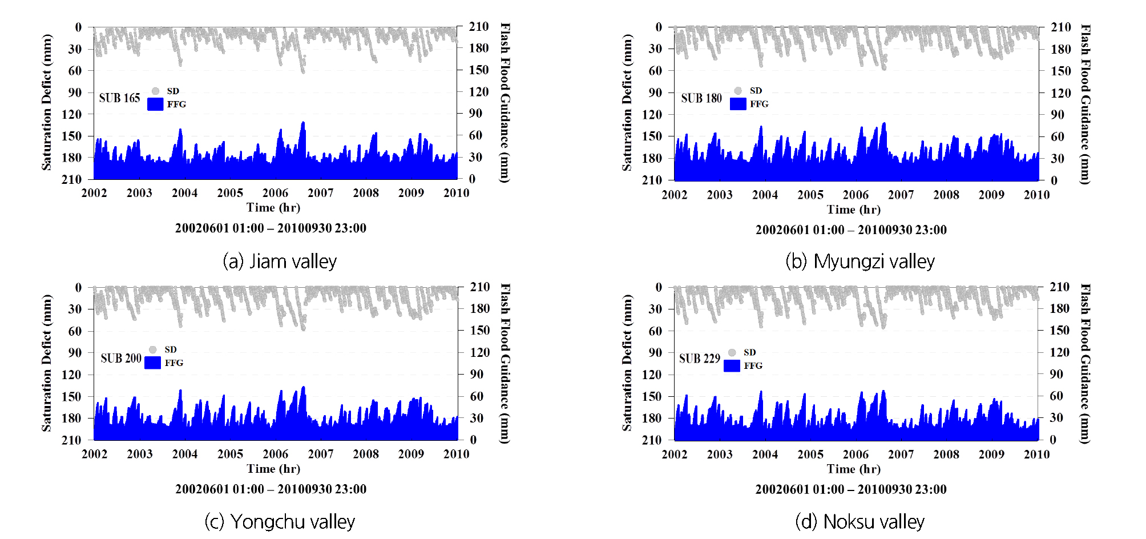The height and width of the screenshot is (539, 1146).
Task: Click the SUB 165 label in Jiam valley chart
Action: tap(119, 98)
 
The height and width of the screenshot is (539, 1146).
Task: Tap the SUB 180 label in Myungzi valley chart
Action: tap(701, 98)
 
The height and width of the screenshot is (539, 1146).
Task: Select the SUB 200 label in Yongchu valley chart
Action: tap(121, 359)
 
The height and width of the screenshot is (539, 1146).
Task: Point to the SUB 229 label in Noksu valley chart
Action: tap(699, 359)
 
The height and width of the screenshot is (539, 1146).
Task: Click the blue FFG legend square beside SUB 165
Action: tap(155, 104)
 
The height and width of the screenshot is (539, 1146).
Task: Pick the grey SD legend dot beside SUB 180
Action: tap(738, 91)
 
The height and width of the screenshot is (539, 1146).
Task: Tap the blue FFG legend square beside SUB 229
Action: tap(732, 365)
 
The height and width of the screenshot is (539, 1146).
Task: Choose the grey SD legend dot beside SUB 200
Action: tap(153, 349)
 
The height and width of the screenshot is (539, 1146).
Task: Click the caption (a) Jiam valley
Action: tap(280, 262)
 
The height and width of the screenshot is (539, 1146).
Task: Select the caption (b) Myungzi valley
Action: tap(860, 262)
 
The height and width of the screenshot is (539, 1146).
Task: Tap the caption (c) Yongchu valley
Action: tap(280, 521)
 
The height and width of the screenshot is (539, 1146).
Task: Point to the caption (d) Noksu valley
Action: tap(860, 521)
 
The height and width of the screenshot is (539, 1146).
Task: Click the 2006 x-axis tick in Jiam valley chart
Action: tap(275, 193)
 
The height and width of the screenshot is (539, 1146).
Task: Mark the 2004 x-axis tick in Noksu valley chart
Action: tap(765, 454)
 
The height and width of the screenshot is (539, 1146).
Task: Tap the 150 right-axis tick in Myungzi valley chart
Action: tap(1061, 71)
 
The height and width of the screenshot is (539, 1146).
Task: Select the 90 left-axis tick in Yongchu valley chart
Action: tap(75, 353)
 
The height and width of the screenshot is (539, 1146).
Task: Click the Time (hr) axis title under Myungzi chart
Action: tap(854, 210)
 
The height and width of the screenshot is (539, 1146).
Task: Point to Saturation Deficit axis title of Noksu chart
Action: tap(627, 363)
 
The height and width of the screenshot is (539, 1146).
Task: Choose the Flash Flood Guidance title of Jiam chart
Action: tap(505, 103)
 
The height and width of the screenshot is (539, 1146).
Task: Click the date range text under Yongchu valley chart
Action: tap(271, 489)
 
